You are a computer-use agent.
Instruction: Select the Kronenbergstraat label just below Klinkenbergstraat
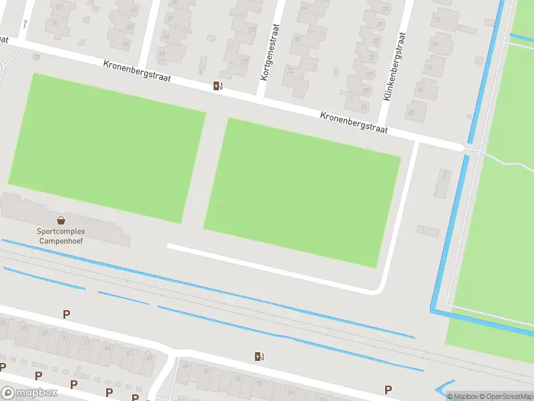[x=354, y=124]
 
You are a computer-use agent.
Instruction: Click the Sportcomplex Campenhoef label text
[x=61, y=236]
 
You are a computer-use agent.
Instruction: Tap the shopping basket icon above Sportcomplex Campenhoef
[x=61, y=220]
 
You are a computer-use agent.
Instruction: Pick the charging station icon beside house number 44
[x=259, y=356]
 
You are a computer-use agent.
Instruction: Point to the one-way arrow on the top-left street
[x=25, y=23]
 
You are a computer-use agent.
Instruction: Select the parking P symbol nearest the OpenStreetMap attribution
[x=387, y=390]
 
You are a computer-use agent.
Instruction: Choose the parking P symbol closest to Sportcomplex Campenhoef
[x=66, y=314]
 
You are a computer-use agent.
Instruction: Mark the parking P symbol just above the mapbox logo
[x=3, y=367]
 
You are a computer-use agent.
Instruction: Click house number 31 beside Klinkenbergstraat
[x=364, y=106]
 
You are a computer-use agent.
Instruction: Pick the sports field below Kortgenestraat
[x=302, y=192]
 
